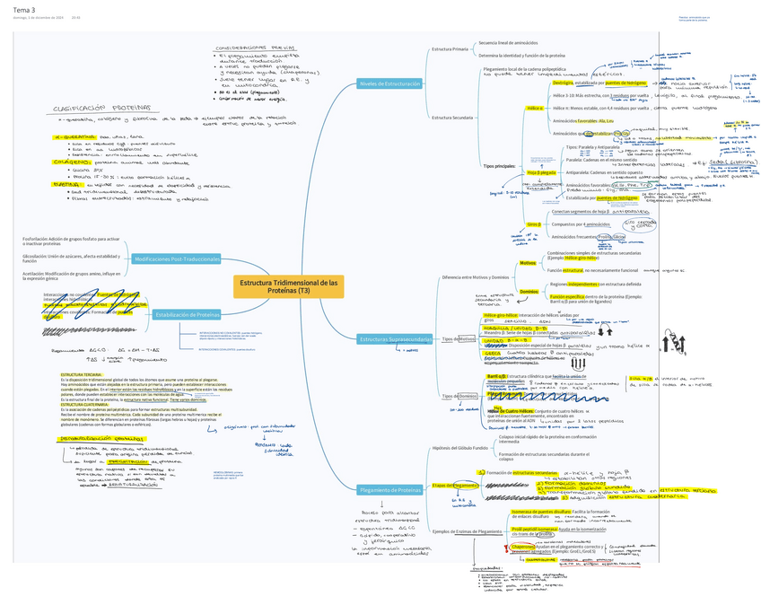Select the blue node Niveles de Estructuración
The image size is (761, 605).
[389, 83]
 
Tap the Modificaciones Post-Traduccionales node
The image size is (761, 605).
[177, 259]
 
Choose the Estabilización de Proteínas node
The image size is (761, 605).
[188, 314]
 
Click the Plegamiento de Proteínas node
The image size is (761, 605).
[389, 490]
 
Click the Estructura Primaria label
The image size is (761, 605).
[450, 48]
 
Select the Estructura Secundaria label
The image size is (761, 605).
[452, 118]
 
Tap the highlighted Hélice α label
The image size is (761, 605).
[534, 108]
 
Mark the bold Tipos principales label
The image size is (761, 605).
[500, 166]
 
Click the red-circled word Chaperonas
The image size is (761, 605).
[525, 547]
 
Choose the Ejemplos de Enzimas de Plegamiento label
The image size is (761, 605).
[467, 531]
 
